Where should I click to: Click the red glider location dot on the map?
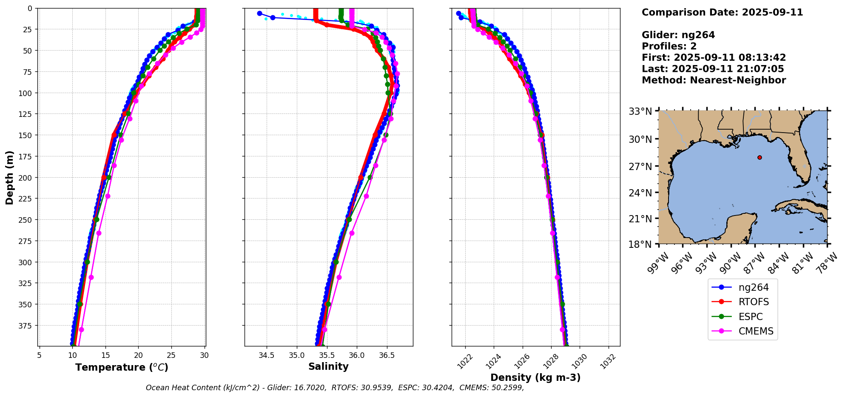tap(760, 158)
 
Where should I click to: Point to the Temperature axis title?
tap(122, 367)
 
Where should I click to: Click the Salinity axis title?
tap(328, 366)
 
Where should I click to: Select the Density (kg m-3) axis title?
tap(535, 377)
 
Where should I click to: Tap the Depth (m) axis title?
tap(9, 177)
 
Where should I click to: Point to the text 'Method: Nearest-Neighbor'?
tap(714, 80)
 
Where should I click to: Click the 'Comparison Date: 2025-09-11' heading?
tap(722, 12)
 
